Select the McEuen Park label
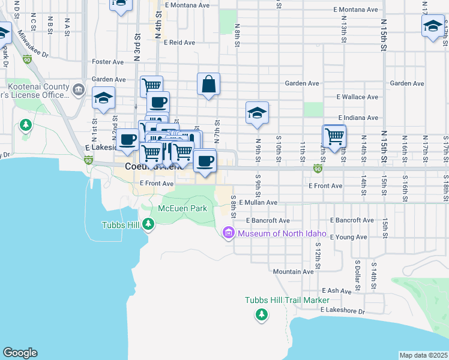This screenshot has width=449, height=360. (182, 208)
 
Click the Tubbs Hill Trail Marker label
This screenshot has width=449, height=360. (287, 300)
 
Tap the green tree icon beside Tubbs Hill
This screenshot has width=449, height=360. (148, 225)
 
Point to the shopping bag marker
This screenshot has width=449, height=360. (208, 85)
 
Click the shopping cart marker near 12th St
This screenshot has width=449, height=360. (334, 136)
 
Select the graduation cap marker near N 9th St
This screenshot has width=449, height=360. (257, 113)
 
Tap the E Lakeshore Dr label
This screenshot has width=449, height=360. (342, 310)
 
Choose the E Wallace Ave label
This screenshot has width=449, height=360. (357, 97)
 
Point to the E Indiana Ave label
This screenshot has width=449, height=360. (358, 118)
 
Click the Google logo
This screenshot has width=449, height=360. (20, 353)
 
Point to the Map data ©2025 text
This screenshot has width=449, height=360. (424, 355)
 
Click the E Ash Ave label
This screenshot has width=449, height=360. (336, 290)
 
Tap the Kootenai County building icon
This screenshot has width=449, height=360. (79, 90)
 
